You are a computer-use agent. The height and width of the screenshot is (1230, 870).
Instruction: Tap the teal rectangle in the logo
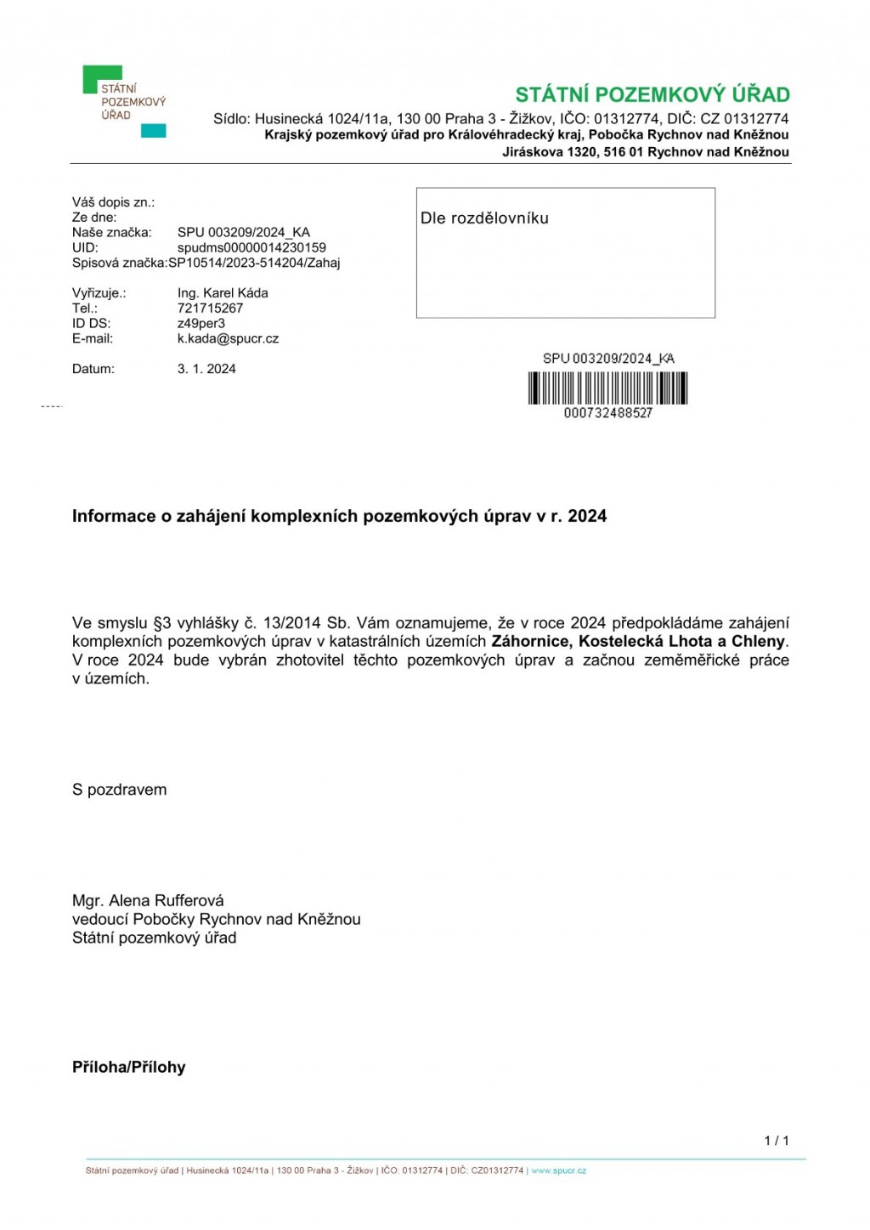click(x=153, y=131)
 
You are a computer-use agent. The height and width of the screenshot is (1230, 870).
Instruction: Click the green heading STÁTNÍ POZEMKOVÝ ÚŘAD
click(x=652, y=94)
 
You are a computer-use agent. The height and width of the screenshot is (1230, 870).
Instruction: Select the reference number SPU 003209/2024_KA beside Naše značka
click(x=243, y=232)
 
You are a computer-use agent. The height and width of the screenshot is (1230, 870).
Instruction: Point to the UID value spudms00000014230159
click(x=251, y=247)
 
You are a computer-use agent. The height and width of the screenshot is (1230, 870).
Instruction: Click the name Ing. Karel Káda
click(x=223, y=293)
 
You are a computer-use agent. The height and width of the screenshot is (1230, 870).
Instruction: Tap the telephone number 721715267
click(x=210, y=309)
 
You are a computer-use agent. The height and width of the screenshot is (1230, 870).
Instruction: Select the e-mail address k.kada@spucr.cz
click(x=228, y=338)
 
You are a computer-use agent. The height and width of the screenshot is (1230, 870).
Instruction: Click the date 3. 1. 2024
click(x=206, y=369)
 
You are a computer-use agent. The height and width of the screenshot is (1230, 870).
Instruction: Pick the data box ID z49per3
click(x=201, y=324)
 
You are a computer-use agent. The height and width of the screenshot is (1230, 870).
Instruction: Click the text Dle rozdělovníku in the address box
click(x=484, y=218)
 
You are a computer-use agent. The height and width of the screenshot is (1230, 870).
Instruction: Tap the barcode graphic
click(x=607, y=388)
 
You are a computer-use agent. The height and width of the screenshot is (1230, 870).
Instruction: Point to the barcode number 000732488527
click(x=607, y=413)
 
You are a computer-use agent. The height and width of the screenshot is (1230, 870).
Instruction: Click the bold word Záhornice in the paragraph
click(x=530, y=642)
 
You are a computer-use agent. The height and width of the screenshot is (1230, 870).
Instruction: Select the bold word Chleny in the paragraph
click(x=758, y=642)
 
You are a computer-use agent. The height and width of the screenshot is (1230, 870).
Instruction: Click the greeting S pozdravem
click(x=120, y=790)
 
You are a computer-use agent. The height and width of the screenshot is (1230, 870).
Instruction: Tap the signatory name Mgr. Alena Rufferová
click(x=148, y=901)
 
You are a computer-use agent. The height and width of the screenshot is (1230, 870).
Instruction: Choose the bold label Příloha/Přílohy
click(x=128, y=1068)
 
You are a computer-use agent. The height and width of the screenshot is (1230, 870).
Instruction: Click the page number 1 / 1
click(x=776, y=1141)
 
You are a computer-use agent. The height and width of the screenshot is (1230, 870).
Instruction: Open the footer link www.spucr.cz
click(x=558, y=1171)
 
